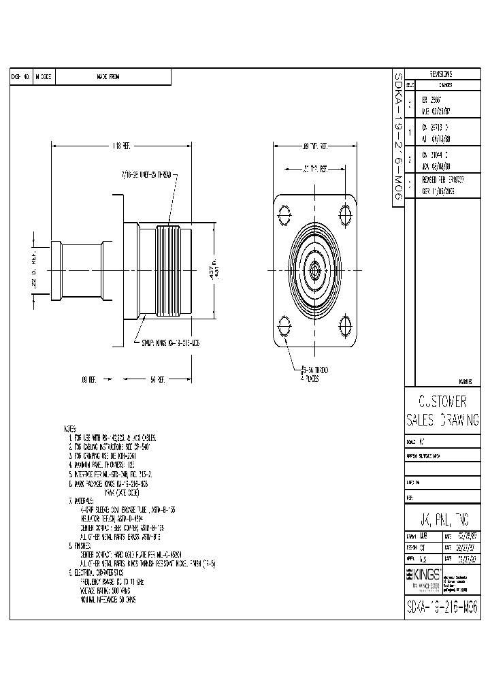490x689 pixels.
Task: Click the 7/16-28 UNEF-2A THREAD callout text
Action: [148, 175]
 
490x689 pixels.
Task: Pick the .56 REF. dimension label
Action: [158, 379]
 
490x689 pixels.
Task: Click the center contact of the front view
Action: [315, 268]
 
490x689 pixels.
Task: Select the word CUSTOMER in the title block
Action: [442, 401]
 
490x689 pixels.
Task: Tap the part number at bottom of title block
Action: [442, 607]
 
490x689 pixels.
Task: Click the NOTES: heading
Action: [69, 430]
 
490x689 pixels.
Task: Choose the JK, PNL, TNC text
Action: [442, 517]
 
